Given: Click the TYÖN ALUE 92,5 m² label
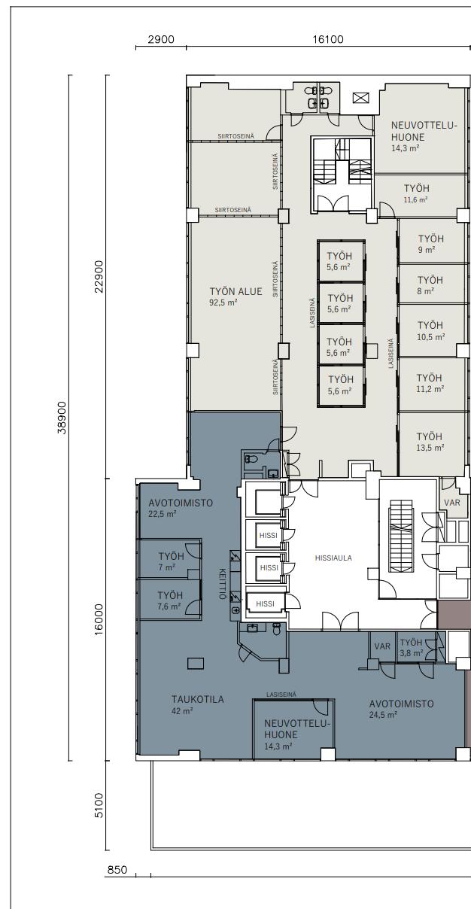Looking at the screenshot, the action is [x=235, y=296].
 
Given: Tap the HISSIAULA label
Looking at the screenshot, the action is [x=333, y=558].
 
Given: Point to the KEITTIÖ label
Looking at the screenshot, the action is [x=222, y=583].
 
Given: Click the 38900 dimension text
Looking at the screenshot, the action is [x=62, y=418].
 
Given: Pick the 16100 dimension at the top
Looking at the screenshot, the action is [x=328, y=39].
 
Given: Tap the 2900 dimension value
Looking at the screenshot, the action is [x=161, y=39].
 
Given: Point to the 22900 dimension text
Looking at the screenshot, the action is [x=99, y=276].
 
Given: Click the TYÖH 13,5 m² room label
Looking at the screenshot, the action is [x=430, y=442].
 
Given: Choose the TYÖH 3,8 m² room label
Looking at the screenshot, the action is [x=412, y=648].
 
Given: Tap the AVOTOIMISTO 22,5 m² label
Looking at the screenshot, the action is [x=181, y=508].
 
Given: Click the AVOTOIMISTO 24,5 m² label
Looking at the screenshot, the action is [x=401, y=709].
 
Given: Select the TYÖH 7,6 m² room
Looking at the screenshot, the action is [x=169, y=601].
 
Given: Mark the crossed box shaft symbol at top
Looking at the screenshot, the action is [x=360, y=98].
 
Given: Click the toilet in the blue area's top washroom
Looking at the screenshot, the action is [x=251, y=460].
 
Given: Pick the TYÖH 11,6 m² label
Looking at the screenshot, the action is [x=416, y=193].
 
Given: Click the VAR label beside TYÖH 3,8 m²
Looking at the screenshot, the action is [x=382, y=646].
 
